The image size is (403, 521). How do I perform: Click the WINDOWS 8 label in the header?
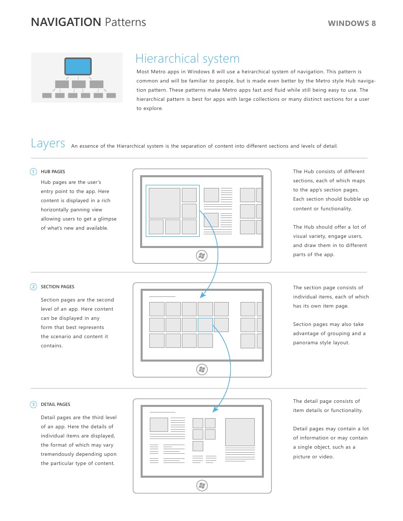[x=352, y=23]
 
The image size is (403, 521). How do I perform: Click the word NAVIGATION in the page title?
[x=66, y=22]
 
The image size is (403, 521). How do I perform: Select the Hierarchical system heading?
[x=187, y=59]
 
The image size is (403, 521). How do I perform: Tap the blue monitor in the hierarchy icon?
[x=78, y=66]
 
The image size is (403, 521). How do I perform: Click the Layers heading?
[x=48, y=143]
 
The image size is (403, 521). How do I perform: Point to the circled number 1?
[x=33, y=172]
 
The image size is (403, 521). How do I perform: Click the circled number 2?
[x=33, y=287]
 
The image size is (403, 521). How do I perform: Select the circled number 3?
[x=33, y=404]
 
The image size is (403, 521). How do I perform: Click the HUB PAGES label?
[x=53, y=172]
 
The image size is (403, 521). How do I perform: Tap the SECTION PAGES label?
[x=57, y=287]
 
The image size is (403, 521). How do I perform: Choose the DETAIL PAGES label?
[x=56, y=404]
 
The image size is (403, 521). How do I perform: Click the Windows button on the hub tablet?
[x=202, y=255]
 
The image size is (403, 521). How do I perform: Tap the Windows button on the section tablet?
[x=202, y=369]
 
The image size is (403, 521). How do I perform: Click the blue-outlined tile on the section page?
[x=205, y=325]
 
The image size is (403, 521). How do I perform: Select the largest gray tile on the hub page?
[x=164, y=203]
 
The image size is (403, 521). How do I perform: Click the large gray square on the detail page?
[x=239, y=432]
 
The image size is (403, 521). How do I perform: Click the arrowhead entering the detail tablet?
[x=214, y=409]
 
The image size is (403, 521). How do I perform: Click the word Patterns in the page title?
[x=125, y=22]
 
